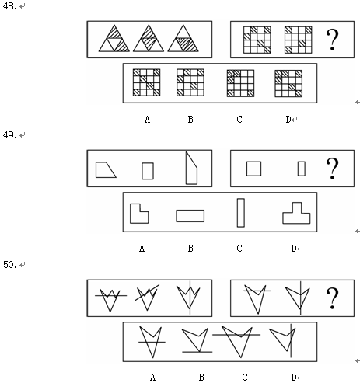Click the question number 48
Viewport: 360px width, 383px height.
(x=10, y=5)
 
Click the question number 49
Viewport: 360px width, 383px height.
(x=10, y=134)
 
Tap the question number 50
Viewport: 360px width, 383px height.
(x=10, y=265)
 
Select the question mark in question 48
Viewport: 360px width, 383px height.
(x=332, y=40)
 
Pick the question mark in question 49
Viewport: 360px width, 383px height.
(x=332, y=169)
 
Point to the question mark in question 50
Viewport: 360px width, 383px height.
(x=332, y=298)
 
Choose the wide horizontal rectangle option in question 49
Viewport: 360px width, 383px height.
(x=190, y=216)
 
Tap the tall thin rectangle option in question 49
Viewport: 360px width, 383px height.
(x=241, y=213)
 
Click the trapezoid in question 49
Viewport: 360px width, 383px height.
(x=106, y=170)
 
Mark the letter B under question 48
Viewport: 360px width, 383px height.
(x=190, y=120)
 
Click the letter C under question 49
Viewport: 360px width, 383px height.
(x=239, y=249)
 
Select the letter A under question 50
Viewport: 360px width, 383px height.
(x=153, y=378)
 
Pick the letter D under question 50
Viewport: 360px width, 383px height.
(x=294, y=378)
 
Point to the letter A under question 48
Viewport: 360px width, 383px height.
(x=147, y=120)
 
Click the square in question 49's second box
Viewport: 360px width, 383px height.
(x=253, y=169)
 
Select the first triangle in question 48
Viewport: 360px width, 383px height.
(x=114, y=38)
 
